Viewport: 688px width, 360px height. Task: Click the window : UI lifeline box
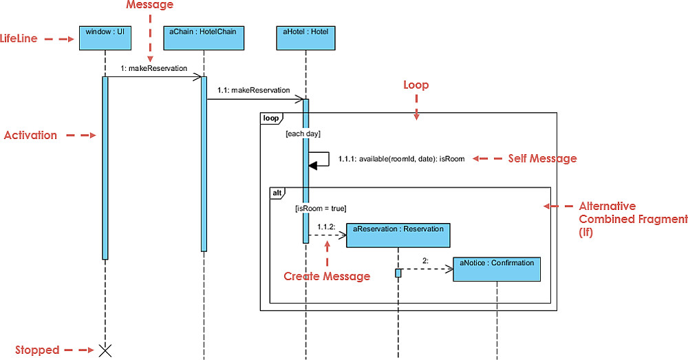click(105, 38)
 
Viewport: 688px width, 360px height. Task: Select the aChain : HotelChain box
click(204, 38)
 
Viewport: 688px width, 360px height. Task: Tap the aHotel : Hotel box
click(305, 38)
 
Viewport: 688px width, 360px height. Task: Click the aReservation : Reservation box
click(398, 235)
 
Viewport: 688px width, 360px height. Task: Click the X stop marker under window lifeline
click(105, 350)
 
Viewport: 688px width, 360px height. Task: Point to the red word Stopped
click(37, 350)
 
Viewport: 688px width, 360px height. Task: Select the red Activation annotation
click(30, 135)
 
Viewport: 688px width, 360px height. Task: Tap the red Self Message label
click(542, 158)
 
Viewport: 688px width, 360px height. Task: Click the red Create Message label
click(327, 276)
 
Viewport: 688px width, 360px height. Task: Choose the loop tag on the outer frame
click(270, 118)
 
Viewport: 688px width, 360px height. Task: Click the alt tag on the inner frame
click(277, 193)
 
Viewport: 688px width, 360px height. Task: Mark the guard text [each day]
click(303, 134)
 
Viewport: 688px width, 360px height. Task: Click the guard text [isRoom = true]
click(320, 207)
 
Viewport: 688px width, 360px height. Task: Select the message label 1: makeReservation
click(153, 68)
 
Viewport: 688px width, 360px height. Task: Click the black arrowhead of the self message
click(313, 165)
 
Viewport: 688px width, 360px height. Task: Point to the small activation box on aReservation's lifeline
click(398, 273)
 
